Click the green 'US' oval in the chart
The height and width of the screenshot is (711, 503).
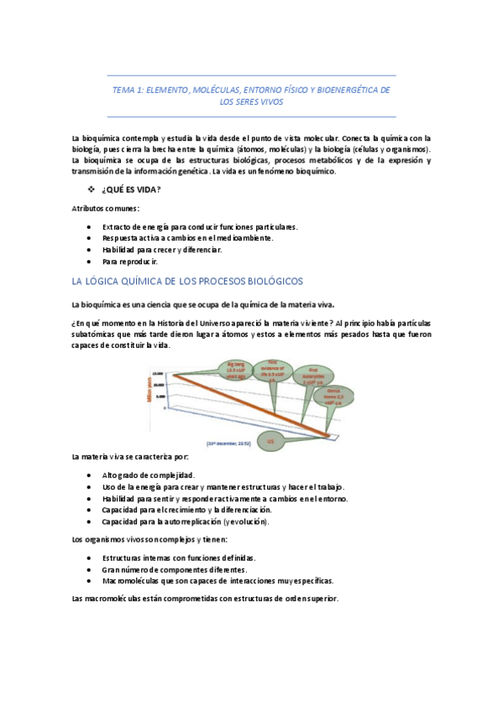click(270, 440)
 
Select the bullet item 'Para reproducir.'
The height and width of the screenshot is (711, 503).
click(135, 261)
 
